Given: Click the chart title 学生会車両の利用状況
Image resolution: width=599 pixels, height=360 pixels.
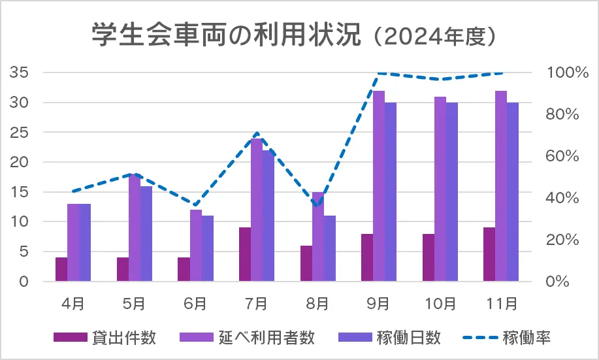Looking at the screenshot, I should [x=225, y=36].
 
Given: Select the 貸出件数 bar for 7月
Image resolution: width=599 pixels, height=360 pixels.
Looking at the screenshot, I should [x=245, y=255].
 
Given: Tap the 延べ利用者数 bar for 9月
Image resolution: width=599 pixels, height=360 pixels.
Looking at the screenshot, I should [x=379, y=186].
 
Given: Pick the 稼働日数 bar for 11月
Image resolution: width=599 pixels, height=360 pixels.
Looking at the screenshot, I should [x=513, y=192].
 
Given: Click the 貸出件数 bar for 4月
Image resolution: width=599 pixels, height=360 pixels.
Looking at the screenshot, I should [x=61, y=270].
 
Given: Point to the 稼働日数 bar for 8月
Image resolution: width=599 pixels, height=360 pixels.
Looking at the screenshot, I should [x=330, y=249].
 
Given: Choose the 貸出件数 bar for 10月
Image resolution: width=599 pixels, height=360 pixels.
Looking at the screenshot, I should [x=429, y=257].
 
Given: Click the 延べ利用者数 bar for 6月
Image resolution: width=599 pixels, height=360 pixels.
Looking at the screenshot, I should [x=196, y=246].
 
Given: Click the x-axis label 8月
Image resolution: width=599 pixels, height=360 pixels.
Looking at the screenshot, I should [x=318, y=303].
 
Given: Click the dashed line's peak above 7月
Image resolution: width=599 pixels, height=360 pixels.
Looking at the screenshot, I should [x=257, y=133].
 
